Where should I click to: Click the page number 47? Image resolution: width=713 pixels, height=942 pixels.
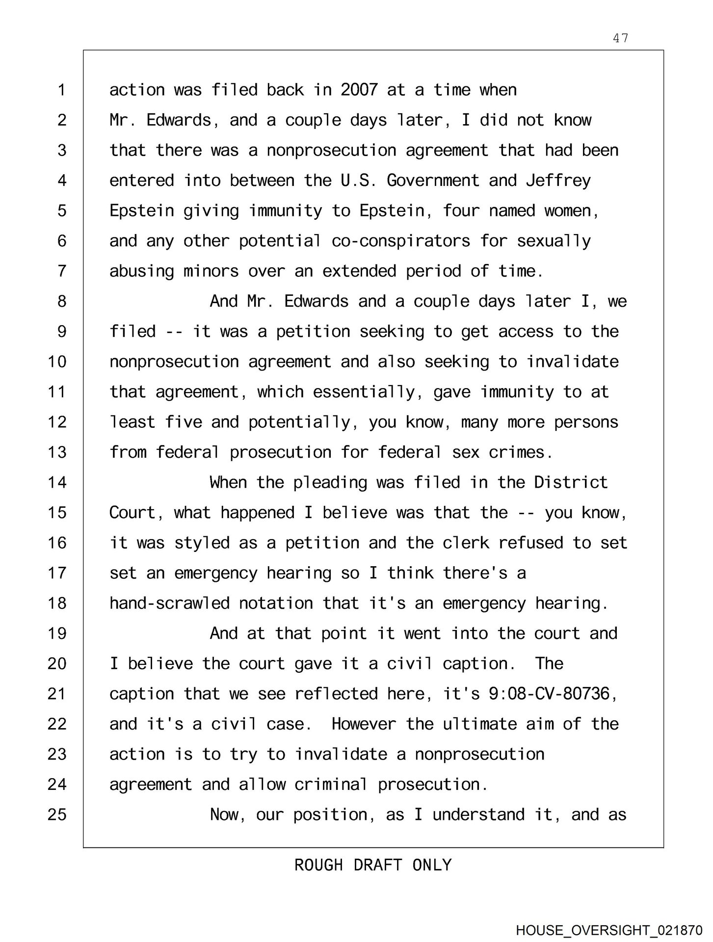coord(620,38)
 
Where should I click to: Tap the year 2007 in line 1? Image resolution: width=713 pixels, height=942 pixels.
coord(359,90)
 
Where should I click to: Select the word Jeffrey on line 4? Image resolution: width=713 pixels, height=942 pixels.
coord(558,181)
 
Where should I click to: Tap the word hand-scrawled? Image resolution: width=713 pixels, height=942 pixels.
coord(169,603)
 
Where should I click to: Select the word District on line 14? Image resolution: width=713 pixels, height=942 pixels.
coord(571,482)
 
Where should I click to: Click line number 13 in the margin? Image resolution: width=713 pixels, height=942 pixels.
coord(57,452)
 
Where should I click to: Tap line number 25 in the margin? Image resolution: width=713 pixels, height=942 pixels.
coord(57,814)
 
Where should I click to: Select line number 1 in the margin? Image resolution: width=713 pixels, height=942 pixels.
coord(61,90)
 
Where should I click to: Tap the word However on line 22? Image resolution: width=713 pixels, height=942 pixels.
coord(364,724)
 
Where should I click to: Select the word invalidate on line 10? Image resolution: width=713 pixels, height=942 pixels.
coord(572,362)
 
